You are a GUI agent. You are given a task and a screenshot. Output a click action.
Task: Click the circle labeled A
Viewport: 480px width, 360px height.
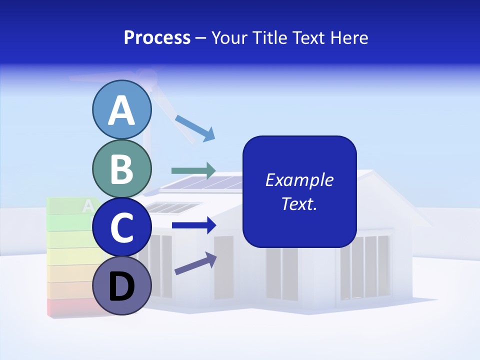point(122,109)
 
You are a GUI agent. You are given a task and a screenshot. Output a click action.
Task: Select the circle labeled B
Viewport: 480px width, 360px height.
point(122,168)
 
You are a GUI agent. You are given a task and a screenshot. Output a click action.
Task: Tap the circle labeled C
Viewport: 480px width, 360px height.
point(122,227)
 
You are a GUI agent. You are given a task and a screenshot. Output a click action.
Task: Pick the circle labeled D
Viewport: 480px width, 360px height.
point(122,286)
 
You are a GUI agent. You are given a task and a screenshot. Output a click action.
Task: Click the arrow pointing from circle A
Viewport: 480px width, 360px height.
point(195,128)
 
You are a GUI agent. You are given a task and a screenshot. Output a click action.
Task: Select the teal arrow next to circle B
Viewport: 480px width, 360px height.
point(193,170)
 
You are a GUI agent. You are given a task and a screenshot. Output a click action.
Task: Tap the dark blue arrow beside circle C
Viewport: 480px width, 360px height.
point(193,225)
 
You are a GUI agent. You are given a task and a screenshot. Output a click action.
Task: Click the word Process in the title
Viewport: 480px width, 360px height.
point(157,37)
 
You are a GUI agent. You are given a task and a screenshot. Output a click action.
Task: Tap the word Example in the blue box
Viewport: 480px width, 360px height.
point(299,180)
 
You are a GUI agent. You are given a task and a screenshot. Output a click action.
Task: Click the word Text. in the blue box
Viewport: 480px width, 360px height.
point(299,203)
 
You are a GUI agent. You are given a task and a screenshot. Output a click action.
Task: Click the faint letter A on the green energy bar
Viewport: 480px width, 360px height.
point(88,205)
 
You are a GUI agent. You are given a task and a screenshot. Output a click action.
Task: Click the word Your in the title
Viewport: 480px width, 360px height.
point(229,37)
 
